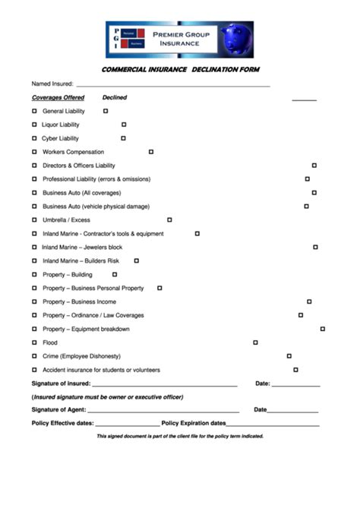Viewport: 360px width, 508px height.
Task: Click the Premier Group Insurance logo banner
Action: pos(179,39)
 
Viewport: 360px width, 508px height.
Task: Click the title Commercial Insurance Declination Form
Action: pos(180,70)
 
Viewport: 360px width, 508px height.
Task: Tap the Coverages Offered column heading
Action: pos(58,98)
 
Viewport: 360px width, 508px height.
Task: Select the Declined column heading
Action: pos(115,98)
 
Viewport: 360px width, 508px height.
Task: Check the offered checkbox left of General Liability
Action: pos(34,111)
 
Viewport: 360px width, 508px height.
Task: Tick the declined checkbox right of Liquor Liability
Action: pos(124,125)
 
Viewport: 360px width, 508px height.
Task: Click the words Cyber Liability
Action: pos(61,138)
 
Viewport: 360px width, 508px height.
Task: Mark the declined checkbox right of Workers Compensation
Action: pos(151,152)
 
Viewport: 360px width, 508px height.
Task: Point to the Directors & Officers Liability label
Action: pos(79,166)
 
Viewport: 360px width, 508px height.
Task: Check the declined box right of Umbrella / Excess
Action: pos(169,220)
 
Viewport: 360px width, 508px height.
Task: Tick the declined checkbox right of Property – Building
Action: pos(115,274)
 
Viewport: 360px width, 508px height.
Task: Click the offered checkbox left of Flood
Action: pos(34,342)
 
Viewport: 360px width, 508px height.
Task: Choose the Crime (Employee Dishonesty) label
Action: pos(81,356)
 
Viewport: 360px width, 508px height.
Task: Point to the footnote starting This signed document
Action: pos(180,437)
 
